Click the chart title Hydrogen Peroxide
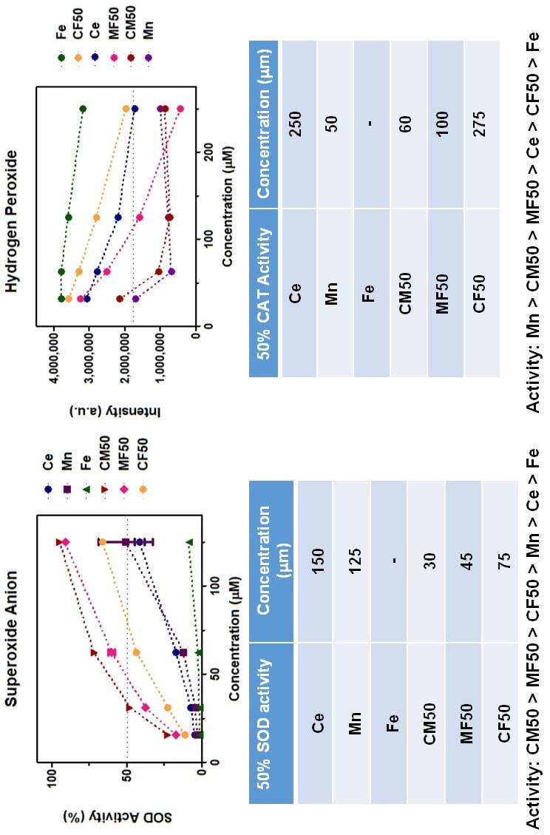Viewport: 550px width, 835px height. pos(12,221)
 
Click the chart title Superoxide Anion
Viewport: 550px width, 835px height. pos(12,638)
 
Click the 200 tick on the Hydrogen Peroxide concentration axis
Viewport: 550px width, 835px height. pos(209,153)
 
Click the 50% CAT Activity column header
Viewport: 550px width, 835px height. pos(264,293)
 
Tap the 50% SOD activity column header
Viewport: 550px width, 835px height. pos(264,723)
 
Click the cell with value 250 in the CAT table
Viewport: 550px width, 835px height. pos(294,124)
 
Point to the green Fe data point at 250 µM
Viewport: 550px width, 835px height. pos(83,109)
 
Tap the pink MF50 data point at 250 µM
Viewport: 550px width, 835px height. pos(180,109)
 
